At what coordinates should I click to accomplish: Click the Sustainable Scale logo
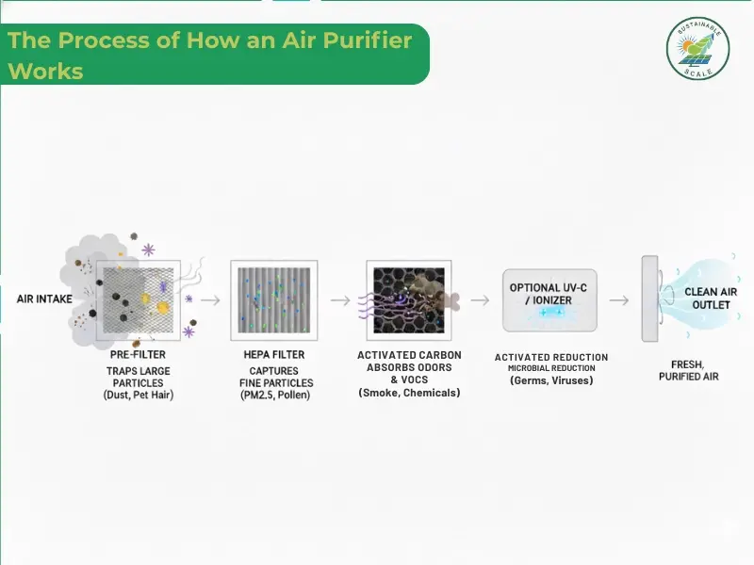698,48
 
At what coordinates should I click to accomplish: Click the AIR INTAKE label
45,299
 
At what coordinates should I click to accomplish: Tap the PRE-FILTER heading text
138,355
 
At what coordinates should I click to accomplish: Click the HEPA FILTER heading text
274,355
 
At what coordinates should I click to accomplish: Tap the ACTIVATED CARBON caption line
409,355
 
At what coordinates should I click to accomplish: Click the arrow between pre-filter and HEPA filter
211,300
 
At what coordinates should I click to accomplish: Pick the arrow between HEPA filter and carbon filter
340,300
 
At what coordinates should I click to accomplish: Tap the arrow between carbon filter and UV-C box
480,300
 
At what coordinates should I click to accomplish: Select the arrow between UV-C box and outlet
618,300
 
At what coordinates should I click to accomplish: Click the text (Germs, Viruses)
550,381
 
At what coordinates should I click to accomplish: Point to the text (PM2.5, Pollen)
274,395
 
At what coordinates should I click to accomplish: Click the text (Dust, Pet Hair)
138,395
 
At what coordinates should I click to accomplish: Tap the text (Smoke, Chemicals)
409,393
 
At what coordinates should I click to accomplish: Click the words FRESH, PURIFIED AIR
688,370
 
